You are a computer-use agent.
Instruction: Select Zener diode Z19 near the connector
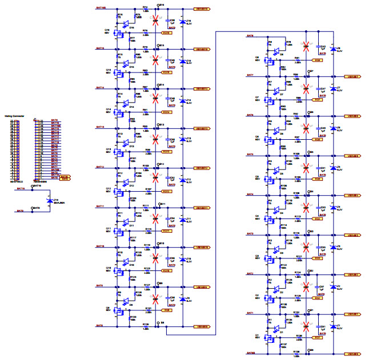point(50,201)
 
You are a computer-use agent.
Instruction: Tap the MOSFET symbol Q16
point(119,33)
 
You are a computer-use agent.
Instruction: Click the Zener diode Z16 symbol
point(182,22)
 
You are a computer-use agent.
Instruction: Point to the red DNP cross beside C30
point(155,22)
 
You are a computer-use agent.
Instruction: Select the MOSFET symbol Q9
point(119,310)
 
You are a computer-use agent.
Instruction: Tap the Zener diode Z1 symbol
point(333,326)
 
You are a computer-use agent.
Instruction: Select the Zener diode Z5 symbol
point(333,168)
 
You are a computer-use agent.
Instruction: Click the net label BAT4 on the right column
point(250,195)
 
